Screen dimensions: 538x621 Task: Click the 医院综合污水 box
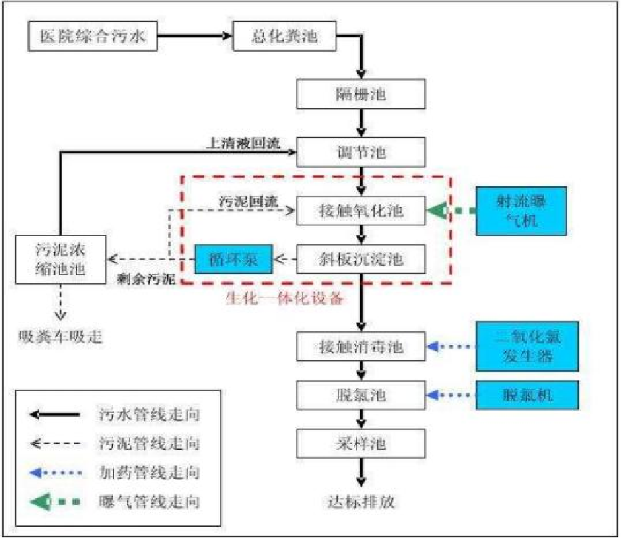point(93,36)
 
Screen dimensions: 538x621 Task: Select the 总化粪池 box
point(285,36)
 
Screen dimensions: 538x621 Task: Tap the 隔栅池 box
point(361,94)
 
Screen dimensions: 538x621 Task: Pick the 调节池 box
point(361,154)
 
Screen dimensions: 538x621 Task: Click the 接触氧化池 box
point(361,211)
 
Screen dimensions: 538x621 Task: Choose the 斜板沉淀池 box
point(361,259)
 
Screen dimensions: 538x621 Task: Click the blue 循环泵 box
point(234,259)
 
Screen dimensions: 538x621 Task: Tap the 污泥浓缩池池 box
point(61,258)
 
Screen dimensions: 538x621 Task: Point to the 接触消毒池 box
point(361,346)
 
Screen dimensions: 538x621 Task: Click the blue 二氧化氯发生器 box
point(526,346)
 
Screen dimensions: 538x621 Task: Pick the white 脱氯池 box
point(361,395)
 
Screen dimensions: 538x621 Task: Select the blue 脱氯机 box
point(526,395)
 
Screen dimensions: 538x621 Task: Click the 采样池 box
point(361,443)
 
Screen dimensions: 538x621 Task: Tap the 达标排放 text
point(362,502)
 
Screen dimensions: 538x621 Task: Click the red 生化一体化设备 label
point(285,299)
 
